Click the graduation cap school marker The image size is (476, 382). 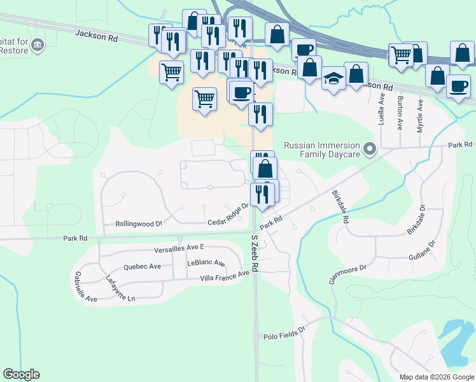pyautogui.click(x=333, y=78)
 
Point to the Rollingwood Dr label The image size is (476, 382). pyautogui.click(x=139, y=224)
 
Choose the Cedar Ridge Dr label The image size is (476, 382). pyautogui.click(x=228, y=215)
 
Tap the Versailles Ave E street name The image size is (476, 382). pyautogui.click(x=179, y=247)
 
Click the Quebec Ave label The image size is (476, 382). pyautogui.click(x=143, y=267)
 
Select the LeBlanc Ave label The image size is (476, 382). pyautogui.click(x=206, y=263)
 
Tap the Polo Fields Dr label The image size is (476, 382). pyautogui.click(x=284, y=334)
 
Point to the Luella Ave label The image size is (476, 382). pyautogui.click(x=382, y=110)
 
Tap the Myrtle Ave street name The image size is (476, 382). pyautogui.click(x=420, y=115)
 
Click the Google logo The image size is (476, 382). pyautogui.click(x=21, y=374)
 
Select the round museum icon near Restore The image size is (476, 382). pyautogui.click(x=38, y=45)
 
